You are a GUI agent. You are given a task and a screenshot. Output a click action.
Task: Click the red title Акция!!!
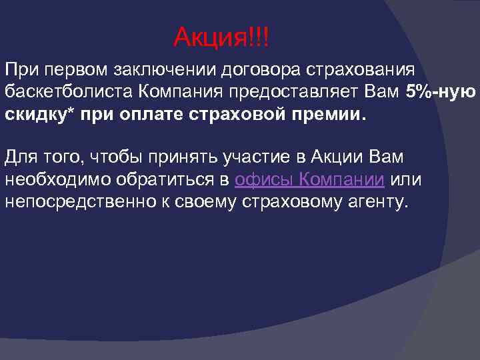pos(222,36)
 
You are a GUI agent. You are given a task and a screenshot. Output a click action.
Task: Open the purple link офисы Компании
pos(310,179)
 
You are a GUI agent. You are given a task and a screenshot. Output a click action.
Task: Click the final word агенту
pos(375,201)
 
